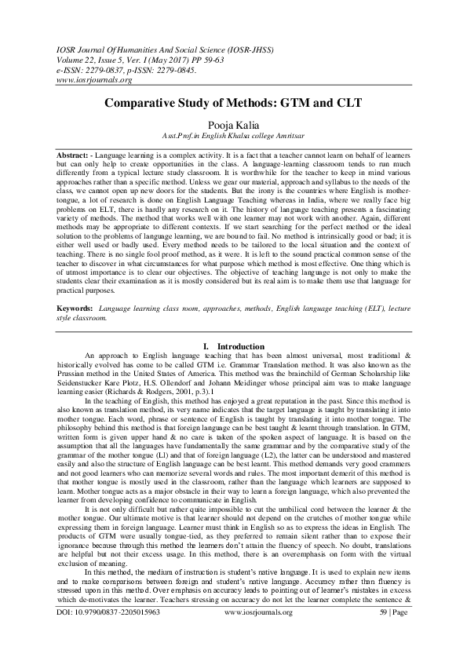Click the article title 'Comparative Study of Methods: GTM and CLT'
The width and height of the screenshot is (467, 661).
tap(232, 104)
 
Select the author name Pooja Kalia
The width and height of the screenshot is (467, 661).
tap(233, 123)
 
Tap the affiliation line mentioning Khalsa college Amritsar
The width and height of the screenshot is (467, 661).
tap(233, 135)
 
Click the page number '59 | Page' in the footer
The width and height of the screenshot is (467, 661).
tap(390, 631)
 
